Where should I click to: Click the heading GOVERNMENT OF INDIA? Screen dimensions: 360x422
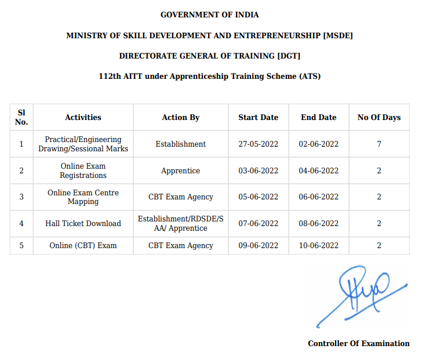(x=210, y=14)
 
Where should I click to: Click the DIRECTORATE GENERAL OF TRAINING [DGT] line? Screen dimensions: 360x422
(x=210, y=56)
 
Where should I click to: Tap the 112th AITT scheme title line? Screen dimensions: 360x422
(x=210, y=76)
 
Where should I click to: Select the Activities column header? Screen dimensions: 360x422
(x=83, y=117)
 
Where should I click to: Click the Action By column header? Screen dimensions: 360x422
(x=181, y=117)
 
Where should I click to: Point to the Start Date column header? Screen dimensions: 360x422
(x=259, y=117)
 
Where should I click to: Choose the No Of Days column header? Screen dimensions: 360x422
(x=379, y=117)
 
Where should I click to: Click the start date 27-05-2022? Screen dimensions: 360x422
(x=259, y=144)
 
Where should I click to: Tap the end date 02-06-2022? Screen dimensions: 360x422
(x=319, y=144)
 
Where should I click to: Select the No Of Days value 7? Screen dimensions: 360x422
(x=379, y=144)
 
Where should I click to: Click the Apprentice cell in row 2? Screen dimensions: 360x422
(x=181, y=170)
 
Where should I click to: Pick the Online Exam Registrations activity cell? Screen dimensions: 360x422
(x=83, y=170)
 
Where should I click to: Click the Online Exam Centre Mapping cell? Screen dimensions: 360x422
(x=83, y=197)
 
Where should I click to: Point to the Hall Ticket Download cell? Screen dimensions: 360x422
(x=83, y=223)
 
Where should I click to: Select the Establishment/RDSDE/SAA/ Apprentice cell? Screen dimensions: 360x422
(x=181, y=223)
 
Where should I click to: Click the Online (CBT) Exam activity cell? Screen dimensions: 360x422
(x=83, y=245)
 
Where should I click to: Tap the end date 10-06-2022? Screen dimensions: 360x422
(x=319, y=245)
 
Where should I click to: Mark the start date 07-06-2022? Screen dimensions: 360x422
(x=259, y=223)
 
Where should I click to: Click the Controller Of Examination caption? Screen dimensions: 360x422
(x=358, y=343)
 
